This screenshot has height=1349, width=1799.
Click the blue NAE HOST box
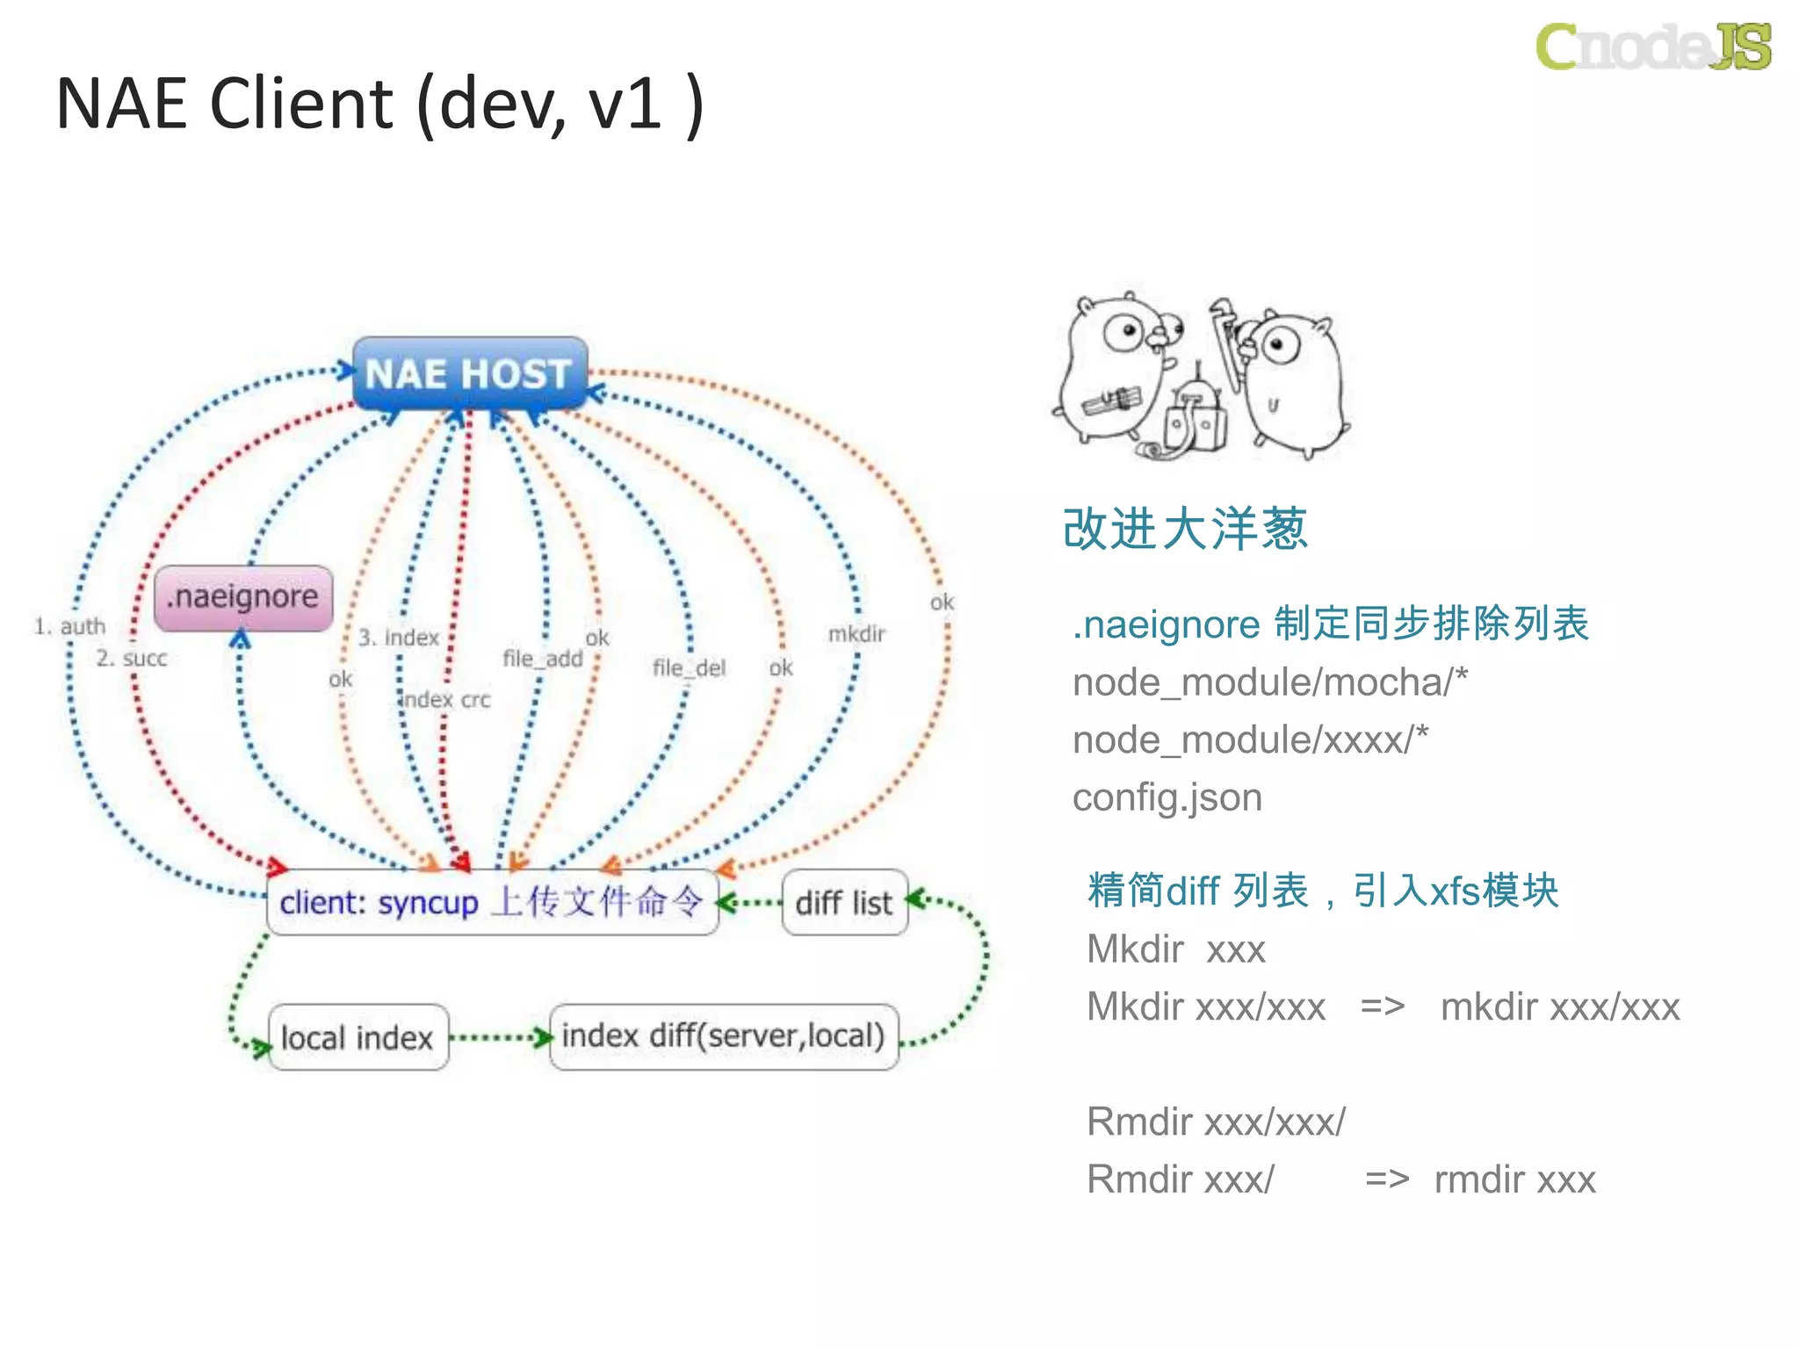click(x=469, y=373)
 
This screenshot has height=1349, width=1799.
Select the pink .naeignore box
click(x=243, y=597)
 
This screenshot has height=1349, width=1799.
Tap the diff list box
click(x=843, y=903)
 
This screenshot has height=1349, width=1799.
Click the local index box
click(x=358, y=1037)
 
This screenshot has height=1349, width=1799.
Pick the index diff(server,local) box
click(x=723, y=1036)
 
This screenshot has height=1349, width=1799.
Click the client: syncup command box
click(x=492, y=903)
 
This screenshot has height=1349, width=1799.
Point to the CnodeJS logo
click(x=1652, y=46)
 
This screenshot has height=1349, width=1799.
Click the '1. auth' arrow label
click(x=69, y=626)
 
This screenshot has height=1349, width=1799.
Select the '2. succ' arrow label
click(x=132, y=658)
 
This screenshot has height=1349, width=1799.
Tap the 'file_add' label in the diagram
click(x=542, y=658)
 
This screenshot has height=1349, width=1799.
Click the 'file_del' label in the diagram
click(x=689, y=667)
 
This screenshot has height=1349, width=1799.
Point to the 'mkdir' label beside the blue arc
click(x=856, y=633)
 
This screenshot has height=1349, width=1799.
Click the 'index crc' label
click(x=445, y=699)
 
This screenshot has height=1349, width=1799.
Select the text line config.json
click(x=1167, y=797)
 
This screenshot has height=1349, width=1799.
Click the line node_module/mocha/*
click(x=1269, y=682)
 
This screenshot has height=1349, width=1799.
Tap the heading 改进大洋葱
click(x=1184, y=529)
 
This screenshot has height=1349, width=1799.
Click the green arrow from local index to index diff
click(x=499, y=1038)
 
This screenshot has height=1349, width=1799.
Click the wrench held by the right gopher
click(x=1226, y=338)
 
